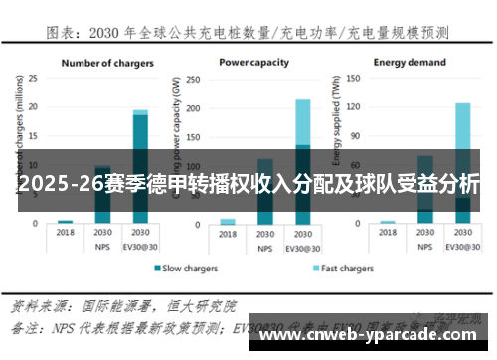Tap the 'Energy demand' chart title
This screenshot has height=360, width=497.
pos(410,62)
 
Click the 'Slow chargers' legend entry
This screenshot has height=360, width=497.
pos(188,269)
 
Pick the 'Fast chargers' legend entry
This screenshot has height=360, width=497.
pos(342,269)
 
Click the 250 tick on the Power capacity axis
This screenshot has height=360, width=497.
pos(198,78)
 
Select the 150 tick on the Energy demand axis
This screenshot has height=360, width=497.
pos(359,78)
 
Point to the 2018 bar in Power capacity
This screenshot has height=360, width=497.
pos(229,221)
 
